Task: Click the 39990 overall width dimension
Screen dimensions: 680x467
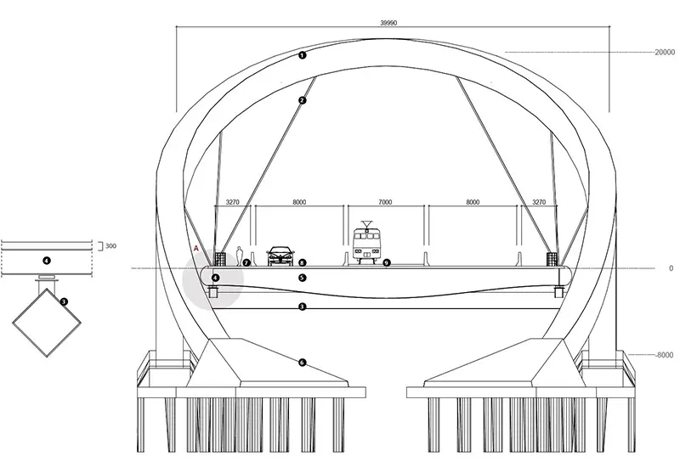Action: (388, 23)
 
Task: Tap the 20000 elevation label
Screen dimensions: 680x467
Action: (665, 53)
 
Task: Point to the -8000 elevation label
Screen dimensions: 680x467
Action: (664, 355)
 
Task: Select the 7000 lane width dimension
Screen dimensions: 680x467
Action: (385, 202)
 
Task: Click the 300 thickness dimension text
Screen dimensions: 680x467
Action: (111, 246)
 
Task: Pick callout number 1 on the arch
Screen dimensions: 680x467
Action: (303, 55)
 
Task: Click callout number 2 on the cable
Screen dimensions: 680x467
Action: (303, 100)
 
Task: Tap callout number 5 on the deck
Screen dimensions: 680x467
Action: (303, 278)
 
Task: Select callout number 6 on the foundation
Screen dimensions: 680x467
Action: (303, 363)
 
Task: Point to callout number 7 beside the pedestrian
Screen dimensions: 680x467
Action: (246, 262)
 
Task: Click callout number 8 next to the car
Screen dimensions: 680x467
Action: (303, 262)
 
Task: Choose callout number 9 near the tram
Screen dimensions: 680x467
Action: (387, 262)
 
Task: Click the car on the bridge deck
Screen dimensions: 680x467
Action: (280, 256)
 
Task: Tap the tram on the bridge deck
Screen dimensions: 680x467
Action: (367, 243)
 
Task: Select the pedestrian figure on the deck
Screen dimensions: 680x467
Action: (239, 256)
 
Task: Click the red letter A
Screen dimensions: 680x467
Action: (196, 249)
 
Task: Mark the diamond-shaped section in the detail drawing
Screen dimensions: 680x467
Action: (47, 323)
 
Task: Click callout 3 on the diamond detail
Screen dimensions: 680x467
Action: (64, 301)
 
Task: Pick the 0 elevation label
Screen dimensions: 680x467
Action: (671, 268)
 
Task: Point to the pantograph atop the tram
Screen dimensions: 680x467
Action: (367, 224)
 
